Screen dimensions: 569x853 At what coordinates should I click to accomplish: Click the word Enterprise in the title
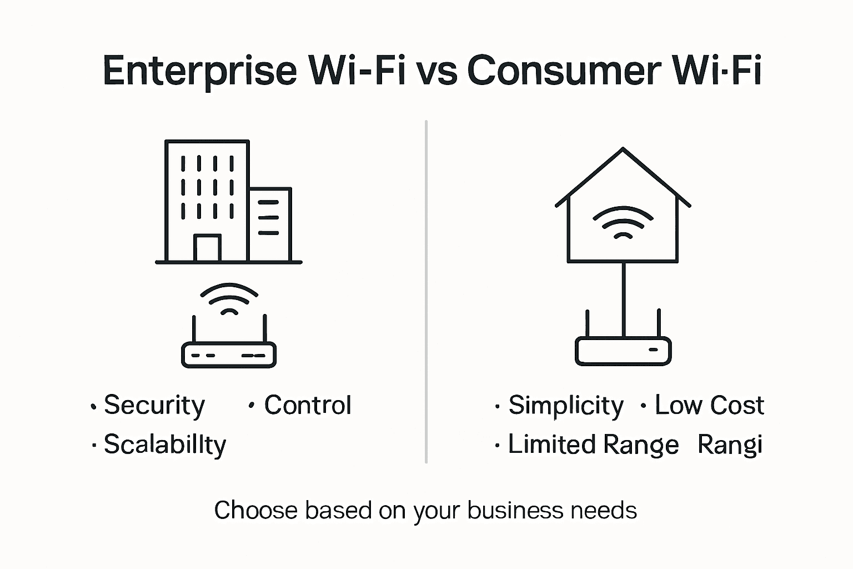(x=200, y=71)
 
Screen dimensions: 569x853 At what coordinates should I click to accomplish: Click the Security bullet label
(x=154, y=405)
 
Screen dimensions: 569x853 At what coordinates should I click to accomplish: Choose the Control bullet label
(x=308, y=405)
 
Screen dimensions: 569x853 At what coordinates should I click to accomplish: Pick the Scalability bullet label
(x=165, y=445)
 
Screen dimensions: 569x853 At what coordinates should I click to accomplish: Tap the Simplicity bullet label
(x=566, y=405)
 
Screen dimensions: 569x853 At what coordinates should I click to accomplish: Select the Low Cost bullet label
(x=709, y=405)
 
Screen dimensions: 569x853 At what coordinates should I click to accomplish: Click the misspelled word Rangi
(x=730, y=445)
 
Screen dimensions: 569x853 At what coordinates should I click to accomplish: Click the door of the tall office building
(x=207, y=248)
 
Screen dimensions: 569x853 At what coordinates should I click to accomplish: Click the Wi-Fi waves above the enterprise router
(x=229, y=298)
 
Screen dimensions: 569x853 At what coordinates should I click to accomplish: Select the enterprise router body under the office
(x=229, y=355)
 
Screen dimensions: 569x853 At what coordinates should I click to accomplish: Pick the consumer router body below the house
(x=623, y=351)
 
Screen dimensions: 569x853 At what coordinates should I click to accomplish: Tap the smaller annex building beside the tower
(x=270, y=224)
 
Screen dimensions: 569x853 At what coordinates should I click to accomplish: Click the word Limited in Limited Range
(x=551, y=445)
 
